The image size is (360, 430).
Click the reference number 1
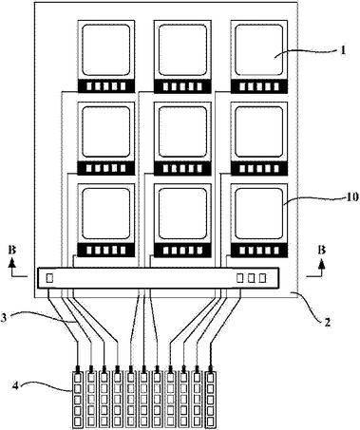click(343, 50)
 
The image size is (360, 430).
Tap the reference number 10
click(352, 196)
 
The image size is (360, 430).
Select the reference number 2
click(328, 322)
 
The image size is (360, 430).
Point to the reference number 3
click(3, 318)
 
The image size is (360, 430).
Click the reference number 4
click(16, 385)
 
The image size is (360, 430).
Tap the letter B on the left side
click(12, 251)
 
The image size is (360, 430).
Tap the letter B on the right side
click(322, 251)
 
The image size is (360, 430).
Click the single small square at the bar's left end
click(49, 278)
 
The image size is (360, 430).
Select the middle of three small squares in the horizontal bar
click(252, 278)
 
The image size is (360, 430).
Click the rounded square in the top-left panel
click(106, 50)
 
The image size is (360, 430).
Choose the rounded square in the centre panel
click(182, 132)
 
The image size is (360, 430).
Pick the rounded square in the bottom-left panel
click(106, 214)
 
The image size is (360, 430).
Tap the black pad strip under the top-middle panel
click(182, 86)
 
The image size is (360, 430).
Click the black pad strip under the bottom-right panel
click(259, 251)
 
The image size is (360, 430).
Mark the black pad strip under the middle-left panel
click(106, 168)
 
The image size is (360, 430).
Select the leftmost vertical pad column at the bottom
click(78, 399)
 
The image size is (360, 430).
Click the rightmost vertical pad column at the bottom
click(211, 399)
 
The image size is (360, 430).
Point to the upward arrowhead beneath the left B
click(12, 262)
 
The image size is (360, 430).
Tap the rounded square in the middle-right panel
click(259, 132)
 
